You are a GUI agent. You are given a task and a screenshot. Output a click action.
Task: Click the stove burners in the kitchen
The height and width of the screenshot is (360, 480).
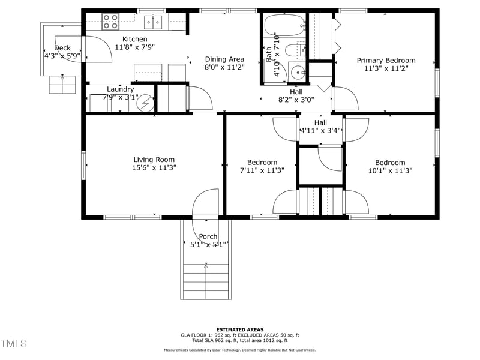point(110,22)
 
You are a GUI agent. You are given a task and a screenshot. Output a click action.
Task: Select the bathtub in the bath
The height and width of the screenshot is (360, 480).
point(284,27)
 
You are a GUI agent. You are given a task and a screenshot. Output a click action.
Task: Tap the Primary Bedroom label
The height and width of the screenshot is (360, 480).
point(386,60)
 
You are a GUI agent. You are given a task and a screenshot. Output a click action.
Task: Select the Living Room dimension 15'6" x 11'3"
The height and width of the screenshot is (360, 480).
point(154,168)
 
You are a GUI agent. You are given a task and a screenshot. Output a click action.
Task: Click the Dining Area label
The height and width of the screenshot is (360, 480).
point(224,59)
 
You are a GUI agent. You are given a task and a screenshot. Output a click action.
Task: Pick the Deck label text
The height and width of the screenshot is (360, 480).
point(62,48)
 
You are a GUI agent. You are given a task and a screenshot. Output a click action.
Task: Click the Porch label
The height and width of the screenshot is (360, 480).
point(208,236)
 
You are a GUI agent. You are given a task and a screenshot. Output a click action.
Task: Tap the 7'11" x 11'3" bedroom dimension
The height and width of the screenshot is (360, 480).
point(262,170)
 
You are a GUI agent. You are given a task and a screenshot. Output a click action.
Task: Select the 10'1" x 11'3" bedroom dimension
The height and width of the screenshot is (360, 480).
point(390,170)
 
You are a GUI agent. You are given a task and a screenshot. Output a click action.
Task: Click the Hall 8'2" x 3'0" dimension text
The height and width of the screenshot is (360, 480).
point(296,100)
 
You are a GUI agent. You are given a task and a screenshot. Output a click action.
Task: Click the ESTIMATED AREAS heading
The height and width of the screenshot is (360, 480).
point(240,329)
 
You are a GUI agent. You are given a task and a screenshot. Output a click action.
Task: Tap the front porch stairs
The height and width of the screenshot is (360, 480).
point(206,279)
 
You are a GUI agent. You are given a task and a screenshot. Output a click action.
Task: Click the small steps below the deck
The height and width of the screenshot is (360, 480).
point(62,85)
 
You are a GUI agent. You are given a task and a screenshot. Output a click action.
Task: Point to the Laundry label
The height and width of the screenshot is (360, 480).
point(120,89)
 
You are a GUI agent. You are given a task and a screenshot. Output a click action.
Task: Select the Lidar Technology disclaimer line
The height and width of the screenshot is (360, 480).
point(240,350)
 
